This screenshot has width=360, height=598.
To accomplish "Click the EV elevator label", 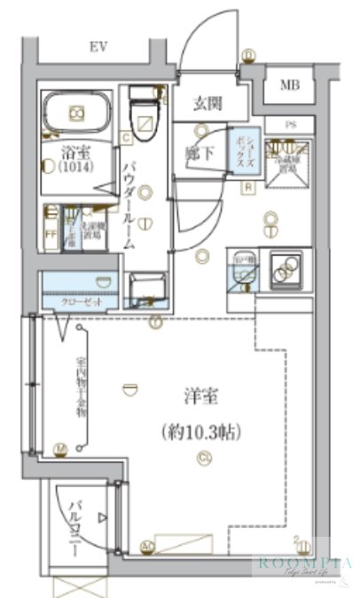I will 98,46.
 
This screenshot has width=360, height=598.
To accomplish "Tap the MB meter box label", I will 290,85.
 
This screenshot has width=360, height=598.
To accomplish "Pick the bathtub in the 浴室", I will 77,113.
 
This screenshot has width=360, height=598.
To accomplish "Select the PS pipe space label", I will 291,124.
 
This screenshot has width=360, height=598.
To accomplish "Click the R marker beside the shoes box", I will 248,186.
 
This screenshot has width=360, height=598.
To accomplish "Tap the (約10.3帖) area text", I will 202,432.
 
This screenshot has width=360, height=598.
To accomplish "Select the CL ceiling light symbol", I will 204,458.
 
